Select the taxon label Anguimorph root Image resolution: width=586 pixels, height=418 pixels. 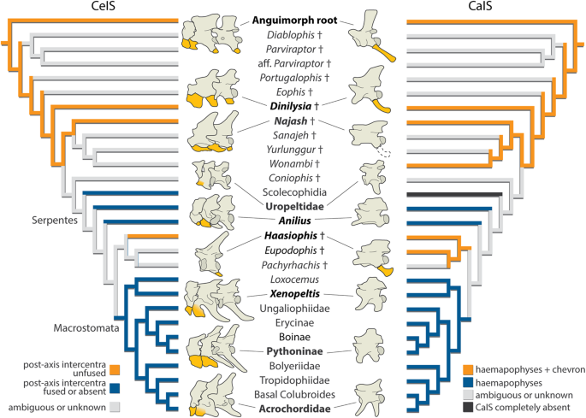[x=293, y=19]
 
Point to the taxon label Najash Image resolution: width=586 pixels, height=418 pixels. [x=288, y=121]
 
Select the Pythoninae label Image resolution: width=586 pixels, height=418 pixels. [x=293, y=350]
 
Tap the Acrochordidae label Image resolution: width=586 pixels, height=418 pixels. [x=293, y=409]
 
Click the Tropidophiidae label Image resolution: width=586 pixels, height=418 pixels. [x=293, y=380]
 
